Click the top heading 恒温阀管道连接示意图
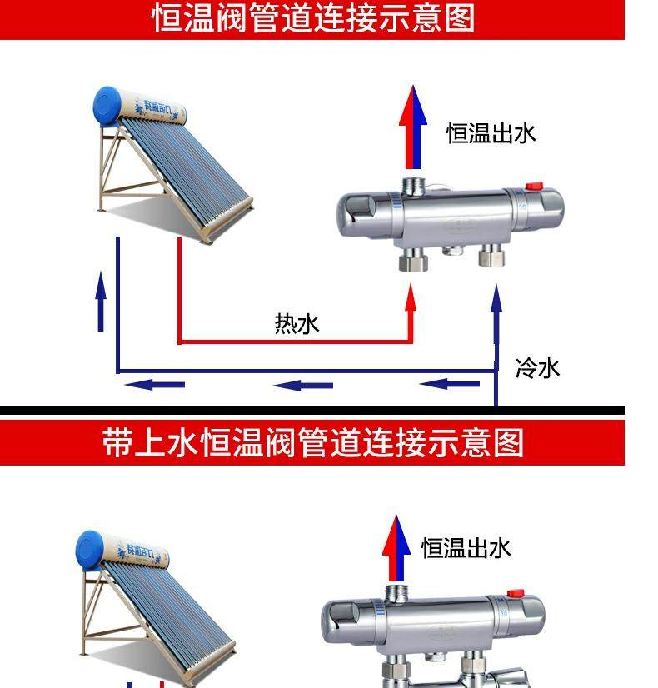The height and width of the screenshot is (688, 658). coord(313,19)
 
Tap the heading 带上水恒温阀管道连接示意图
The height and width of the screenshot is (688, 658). coord(313,442)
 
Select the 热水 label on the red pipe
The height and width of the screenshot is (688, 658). coord(297,323)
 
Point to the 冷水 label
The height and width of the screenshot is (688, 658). coord(538,366)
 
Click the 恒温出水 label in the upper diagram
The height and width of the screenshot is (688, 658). coord(491,133)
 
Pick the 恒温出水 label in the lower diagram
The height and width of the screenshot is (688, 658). coord(466,548)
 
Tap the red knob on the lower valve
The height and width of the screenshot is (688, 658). coord(516,594)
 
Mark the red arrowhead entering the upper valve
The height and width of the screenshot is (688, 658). coord(410,296)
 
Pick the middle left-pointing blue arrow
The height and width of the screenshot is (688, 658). coord(303,385)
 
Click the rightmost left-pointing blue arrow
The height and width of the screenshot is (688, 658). coord(449,384)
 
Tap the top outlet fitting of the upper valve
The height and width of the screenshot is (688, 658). coord(412,184)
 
